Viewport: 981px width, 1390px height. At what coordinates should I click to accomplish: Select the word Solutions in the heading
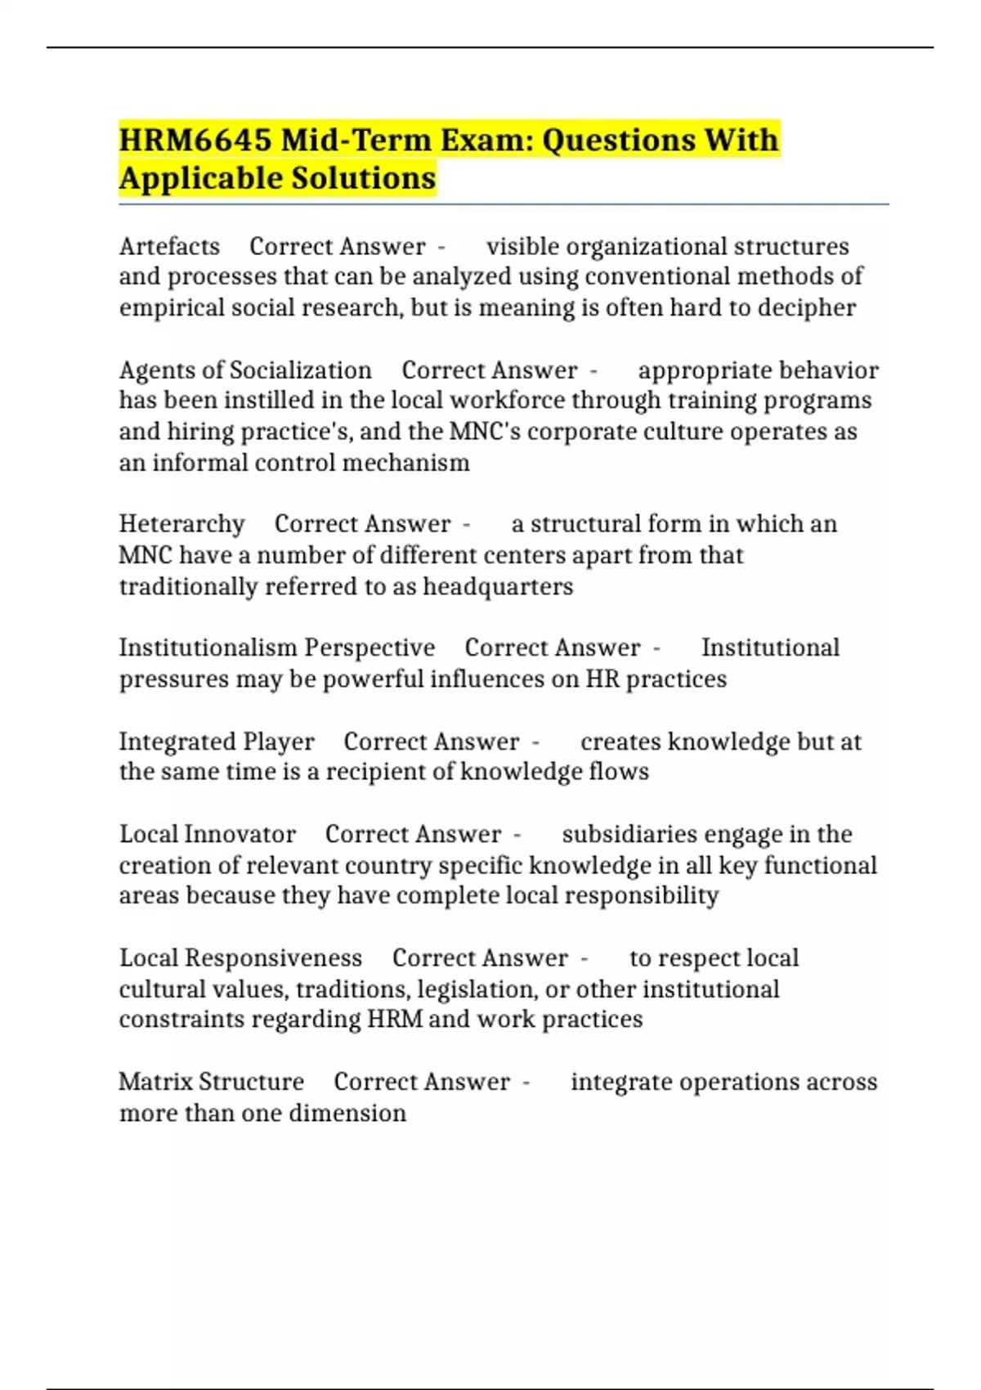pos(364,178)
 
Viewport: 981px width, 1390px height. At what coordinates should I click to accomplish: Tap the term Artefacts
pos(169,246)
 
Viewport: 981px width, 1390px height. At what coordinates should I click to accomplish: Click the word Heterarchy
pos(181,523)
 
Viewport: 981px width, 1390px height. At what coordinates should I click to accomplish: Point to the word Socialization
pos(300,370)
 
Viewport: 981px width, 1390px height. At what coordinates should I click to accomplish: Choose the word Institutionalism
pos(208,648)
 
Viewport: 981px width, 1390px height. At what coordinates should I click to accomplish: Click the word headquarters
pos(497,586)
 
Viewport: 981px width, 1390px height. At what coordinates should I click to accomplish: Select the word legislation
pos(477,989)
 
